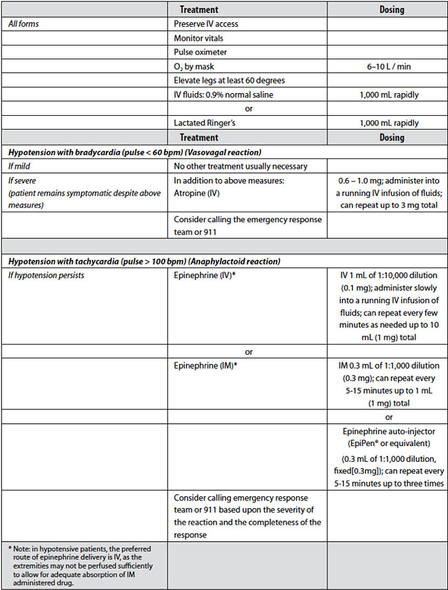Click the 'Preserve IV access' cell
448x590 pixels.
pyautogui.click(x=206, y=24)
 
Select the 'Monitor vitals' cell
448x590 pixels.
pyautogui.click(x=198, y=38)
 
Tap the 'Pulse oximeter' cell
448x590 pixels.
pyautogui.click(x=201, y=52)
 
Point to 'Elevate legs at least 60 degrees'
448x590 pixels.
pyautogui.click(x=230, y=81)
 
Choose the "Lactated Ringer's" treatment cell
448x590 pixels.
pyautogui.click(x=205, y=123)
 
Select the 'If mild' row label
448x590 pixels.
pyautogui.click(x=20, y=166)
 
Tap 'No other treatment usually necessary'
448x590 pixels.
pyautogui.click(x=241, y=166)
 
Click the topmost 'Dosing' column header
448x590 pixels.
pyautogui.click(x=391, y=10)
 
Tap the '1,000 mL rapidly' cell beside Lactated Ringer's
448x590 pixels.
pyautogui.click(x=388, y=123)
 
